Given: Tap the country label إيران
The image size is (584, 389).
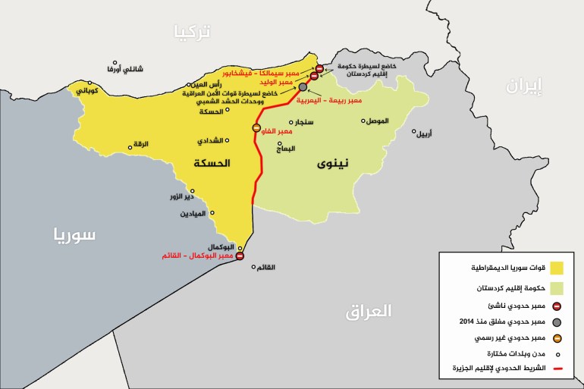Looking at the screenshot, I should pyautogui.click(x=525, y=87).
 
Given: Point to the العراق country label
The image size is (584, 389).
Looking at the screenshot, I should pyautogui.click(x=369, y=310).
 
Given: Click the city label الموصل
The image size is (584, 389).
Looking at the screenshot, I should pyautogui.click(x=375, y=121).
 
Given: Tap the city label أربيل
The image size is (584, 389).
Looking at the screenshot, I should pyautogui.click(x=425, y=133).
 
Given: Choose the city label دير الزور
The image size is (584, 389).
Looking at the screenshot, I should pyautogui.click(x=182, y=196).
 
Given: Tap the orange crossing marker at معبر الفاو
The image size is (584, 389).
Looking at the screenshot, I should pyautogui.click(x=256, y=127).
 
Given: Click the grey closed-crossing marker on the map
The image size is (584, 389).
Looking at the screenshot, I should pyautogui.click(x=303, y=88).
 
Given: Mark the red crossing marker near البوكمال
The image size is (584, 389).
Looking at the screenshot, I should pyautogui.click(x=240, y=256).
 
